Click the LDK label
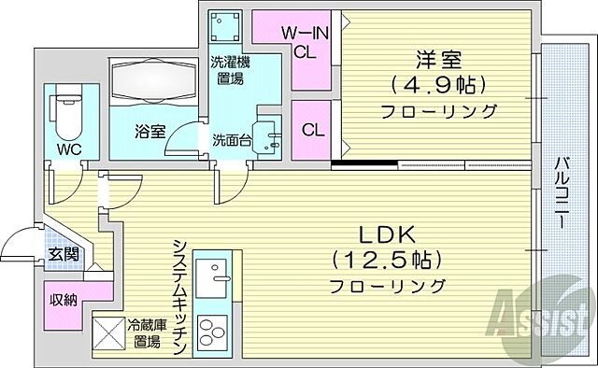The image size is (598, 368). click(387, 233)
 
